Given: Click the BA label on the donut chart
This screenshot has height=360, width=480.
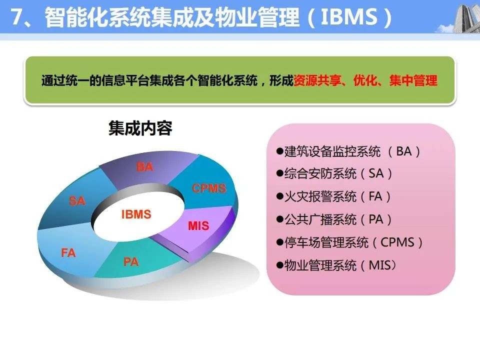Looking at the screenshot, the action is coord(145,167).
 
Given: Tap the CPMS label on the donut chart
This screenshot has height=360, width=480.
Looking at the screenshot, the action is coord(209,188).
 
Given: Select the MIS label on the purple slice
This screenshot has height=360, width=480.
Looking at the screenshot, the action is coord(198,226).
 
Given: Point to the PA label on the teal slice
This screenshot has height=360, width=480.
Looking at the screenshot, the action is coord(131,261).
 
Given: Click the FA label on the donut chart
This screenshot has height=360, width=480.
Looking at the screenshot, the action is coord(68,253).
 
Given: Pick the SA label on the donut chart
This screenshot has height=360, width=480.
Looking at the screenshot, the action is coord(77,201).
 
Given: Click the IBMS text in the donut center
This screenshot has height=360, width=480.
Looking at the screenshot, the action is coord(136,214).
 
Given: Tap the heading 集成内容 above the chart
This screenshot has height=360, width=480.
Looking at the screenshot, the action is coord(140,128).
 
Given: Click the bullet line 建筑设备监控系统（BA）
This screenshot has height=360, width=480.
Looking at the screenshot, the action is coord(348,151).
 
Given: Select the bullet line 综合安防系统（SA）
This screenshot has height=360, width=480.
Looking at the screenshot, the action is coord(334,173).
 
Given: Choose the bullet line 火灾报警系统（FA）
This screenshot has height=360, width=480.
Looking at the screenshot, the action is coord(333,196).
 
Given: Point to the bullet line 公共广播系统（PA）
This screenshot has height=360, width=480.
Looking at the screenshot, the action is coord(334,219).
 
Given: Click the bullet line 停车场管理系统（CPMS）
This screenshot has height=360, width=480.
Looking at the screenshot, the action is coord(349,242).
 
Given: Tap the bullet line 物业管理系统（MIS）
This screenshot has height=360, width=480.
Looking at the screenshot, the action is coord(336,265).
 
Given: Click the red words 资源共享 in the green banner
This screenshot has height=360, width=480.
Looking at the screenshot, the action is coord(317,80).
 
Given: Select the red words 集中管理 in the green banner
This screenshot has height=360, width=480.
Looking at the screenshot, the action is coord(413,80).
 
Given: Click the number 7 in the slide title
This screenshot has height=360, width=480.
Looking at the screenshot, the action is coord(17,16).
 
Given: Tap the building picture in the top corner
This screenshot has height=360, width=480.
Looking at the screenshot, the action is coord(458,17).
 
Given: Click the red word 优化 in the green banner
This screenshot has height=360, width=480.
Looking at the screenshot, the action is coord(365,80).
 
